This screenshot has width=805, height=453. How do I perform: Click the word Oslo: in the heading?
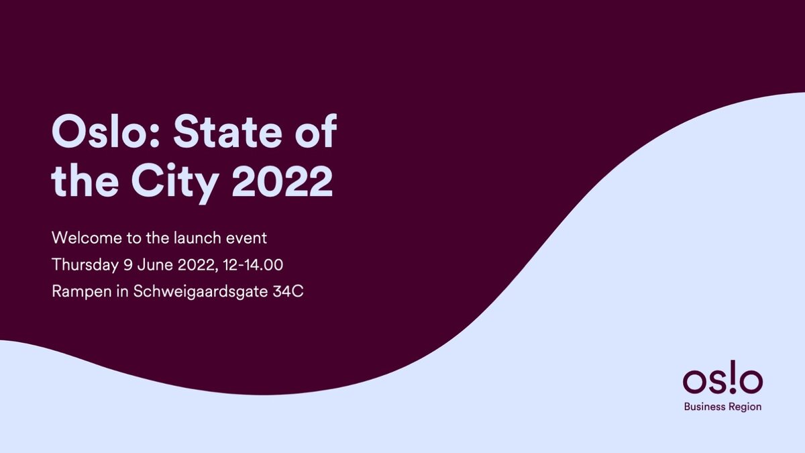[106, 132]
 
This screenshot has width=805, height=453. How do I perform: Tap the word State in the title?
[227, 132]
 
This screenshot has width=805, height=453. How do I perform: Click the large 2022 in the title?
[282, 181]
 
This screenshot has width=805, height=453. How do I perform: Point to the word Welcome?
[87, 238]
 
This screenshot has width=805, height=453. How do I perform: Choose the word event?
[247, 239]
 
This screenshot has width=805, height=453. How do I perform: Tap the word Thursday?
[85, 265]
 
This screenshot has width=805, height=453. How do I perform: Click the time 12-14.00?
[253, 264]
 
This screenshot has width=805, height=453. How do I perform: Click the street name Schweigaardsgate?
[201, 292]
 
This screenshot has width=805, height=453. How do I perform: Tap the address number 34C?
[288, 291]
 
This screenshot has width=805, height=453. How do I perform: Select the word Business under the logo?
[705, 407]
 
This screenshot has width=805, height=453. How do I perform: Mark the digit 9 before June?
[128, 264]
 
